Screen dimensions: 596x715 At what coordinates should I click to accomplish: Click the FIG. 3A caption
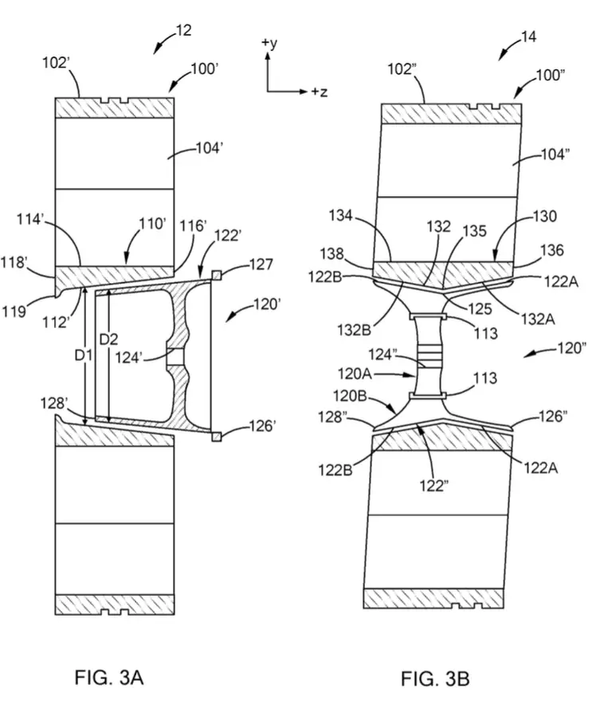109,677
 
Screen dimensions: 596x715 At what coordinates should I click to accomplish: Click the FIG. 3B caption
435,678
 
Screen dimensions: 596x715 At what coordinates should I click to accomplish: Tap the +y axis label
269,43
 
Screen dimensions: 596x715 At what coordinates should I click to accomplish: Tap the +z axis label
320,92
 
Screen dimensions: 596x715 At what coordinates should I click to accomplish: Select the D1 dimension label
84,355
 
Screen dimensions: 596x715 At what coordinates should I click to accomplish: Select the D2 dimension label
108,339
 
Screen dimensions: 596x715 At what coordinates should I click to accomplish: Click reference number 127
261,264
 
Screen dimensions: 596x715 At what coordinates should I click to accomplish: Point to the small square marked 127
217,275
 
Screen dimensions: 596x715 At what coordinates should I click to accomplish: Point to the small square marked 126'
217,436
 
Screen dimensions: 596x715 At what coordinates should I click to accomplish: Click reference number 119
14,311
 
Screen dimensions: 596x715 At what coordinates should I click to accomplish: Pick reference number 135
475,231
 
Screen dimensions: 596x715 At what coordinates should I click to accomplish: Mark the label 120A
355,374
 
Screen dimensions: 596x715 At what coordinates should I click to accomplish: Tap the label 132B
354,330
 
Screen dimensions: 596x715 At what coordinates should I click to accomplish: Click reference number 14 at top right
528,37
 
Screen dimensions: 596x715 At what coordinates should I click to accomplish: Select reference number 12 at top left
183,30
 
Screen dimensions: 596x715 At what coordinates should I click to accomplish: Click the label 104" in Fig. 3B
555,154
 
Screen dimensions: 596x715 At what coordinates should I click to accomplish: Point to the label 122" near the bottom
434,486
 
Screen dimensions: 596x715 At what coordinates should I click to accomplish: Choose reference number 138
332,253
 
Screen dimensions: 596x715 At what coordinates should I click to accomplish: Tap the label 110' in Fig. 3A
153,224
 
